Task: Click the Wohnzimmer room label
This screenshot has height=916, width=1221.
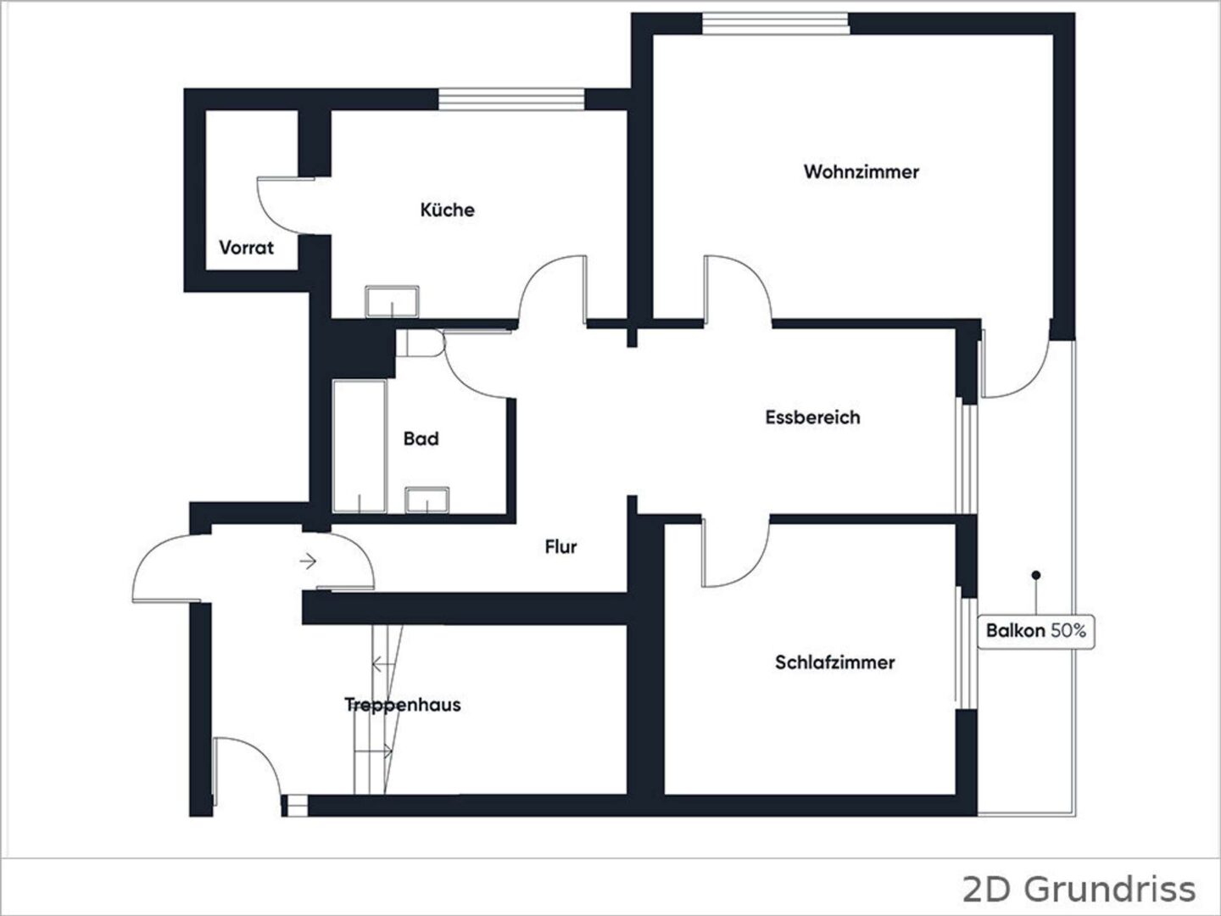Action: pos(861,172)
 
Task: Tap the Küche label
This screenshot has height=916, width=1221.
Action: pos(447,210)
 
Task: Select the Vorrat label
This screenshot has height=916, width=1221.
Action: pos(247,248)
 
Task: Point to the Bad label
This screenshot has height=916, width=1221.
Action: pos(421,438)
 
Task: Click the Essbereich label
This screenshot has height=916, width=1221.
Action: pos(812,417)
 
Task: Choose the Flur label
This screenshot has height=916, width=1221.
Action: pos(560,547)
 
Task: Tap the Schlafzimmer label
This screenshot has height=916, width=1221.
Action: pos(835,662)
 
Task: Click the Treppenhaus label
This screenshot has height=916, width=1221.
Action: pos(403,705)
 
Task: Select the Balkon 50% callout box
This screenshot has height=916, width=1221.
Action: pos(1036,631)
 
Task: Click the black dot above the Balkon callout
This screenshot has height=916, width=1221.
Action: pos(1036,575)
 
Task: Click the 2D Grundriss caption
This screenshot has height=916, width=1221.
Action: pos(1079,889)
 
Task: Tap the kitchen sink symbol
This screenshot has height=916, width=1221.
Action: pos(393,302)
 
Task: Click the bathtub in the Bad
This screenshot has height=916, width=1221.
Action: pos(360,446)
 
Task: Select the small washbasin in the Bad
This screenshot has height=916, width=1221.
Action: pos(427,500)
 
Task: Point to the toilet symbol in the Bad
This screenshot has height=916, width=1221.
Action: pos(421,343)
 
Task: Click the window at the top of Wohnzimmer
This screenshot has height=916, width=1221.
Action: pos(776,24)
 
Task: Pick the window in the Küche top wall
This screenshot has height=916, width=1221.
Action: pos(511,99)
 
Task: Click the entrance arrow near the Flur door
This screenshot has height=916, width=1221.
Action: pos(308,561)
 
